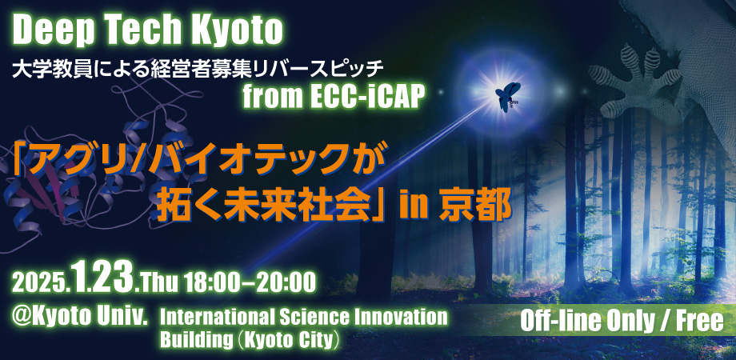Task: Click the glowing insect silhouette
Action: tap(508, 96)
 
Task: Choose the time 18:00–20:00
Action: tap(250, 283)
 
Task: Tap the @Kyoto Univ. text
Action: tap(80, 318)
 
